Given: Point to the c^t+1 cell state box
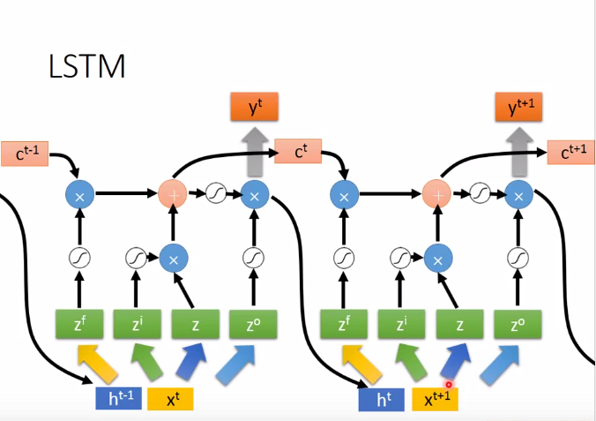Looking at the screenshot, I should point(571,153).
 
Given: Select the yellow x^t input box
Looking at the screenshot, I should point(169,399).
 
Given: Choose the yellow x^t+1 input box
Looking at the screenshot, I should point(435,399).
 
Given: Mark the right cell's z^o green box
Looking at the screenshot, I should point(518,324).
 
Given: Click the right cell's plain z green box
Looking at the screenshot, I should point(459,324).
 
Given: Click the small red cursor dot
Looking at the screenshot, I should point(449,385).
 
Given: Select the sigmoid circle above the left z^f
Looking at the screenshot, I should point(79,258).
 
